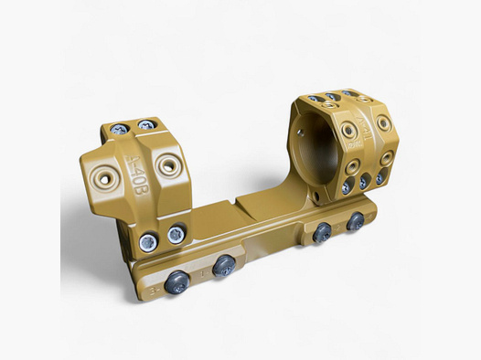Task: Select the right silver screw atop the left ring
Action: [144, 125]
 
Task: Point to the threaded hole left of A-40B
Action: [106, 179]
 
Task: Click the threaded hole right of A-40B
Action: [168, 165]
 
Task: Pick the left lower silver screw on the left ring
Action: [147, 242]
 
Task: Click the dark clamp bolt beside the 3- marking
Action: [179, 282]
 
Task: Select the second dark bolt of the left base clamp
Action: [225, 266]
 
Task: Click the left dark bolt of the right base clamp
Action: [322, 233]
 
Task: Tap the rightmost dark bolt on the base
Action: [356, 220]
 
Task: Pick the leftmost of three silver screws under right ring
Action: [347, 188]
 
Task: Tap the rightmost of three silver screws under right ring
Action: [379, 177]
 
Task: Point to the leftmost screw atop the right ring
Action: [314, 99]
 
